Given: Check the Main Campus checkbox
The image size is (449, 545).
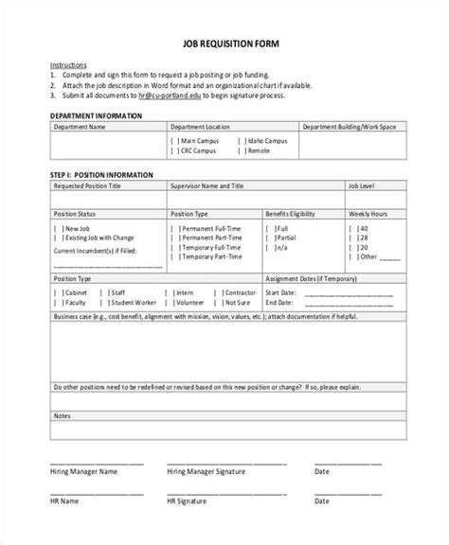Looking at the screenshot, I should (x=174, y=140).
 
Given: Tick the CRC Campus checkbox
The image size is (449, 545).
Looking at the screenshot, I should (x=174, y=150).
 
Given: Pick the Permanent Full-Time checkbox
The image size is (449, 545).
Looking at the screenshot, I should (x=174, y=228).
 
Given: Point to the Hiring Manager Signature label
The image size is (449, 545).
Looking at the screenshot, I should (x=203, y=469).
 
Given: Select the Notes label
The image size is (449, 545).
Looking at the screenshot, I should (x=62, y=415).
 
